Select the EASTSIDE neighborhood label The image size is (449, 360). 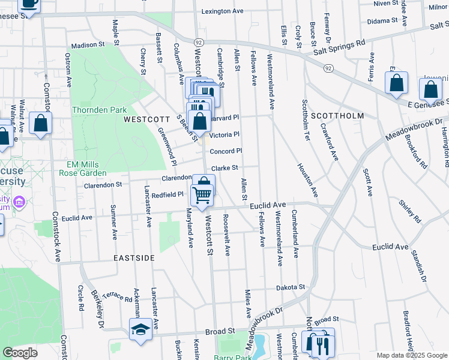[x=134, y=257]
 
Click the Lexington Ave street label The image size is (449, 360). [x=222, y=11]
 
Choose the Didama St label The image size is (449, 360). [x=383, y=20]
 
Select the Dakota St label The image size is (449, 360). [x=291, y=288]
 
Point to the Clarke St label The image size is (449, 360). [x=225, y=169]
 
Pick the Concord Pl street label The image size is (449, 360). [x=226, y=151]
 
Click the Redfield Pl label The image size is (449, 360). [x=167, y=195]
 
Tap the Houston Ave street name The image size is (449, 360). [x=306, y=180]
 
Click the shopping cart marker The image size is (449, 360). [x=202, y=194]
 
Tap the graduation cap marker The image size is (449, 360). [x=140, y=329]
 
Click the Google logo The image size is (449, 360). [x=20, y=353]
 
